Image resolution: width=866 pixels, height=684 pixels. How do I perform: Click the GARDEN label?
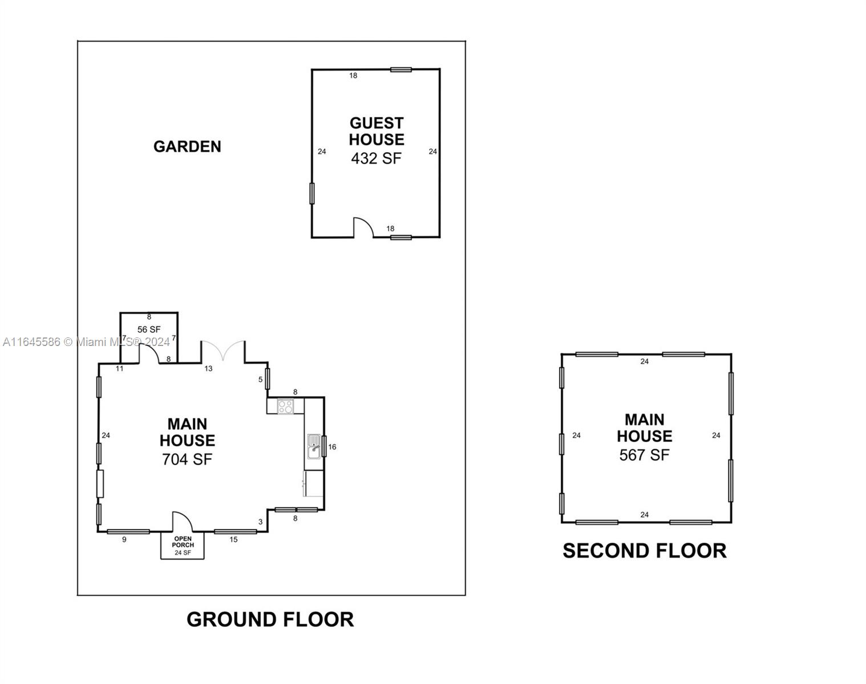coord(187,146)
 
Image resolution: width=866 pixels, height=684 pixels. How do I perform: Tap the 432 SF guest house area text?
coord(377,158)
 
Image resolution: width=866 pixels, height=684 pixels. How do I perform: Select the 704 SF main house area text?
coord(187,459)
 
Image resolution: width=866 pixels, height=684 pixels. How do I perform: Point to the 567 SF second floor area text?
coord(644,455)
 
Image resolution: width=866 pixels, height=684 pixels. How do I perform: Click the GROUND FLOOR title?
coord(270,619)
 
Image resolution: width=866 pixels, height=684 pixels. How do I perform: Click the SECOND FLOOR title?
coord(644,551)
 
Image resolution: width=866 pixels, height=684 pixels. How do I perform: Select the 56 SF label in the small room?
coord(149,329)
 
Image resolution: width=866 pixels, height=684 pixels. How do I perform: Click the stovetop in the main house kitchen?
coord(285,406)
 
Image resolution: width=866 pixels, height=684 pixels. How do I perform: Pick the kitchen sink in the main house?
coord(314,446)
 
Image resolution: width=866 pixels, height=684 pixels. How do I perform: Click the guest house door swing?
coord(363,227)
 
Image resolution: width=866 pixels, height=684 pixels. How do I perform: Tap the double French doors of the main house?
coord(223,351)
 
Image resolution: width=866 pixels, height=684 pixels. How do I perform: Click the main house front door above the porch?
coord(183,522)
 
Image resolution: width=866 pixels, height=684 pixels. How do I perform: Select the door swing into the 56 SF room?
coord(149,353)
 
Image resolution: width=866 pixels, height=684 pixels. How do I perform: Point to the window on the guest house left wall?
coord(312,193)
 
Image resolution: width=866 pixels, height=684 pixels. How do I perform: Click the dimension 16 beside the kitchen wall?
coord(332,447)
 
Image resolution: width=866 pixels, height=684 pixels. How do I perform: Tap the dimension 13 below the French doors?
coord(208,368)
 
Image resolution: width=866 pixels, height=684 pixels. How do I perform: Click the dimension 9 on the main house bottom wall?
coord(124,539)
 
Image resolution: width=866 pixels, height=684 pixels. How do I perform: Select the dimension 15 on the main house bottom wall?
coord(233,539)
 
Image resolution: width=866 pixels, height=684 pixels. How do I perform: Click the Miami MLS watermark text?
coord(86,342)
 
